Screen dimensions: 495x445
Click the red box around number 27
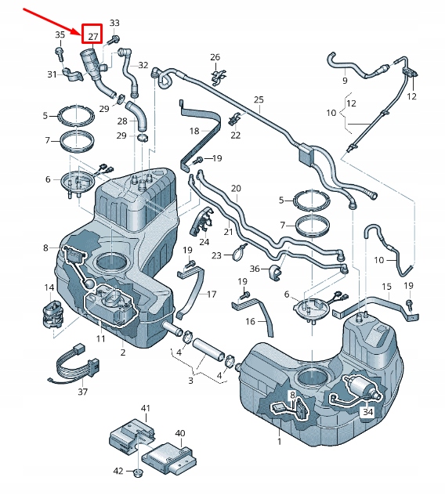pyautogui.click(x=92, y=34)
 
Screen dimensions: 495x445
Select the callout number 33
pyautogui.click(x=115, y=23)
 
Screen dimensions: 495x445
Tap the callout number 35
pyautogui.click(x=60, y=35)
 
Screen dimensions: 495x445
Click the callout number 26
pyautogui.click(x=215, y=57)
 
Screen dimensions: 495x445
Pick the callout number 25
pyautogui.click(x=259, y=99)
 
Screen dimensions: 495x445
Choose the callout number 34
pyautogui.click(x=367, y=411)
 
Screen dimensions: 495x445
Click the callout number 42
pyautogui.click(x=119, y=472)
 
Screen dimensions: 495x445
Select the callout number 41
pyautogui.click(x=145, y=409)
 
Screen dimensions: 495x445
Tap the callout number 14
pyautogui.click(x=49, y=287)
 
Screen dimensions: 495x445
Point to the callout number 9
pyautogui.click(x=344, y=80)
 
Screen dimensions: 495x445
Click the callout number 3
pyautogui.click(x=190, y=381)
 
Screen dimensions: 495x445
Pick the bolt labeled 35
pyautogui.click(x=60, y=52)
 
